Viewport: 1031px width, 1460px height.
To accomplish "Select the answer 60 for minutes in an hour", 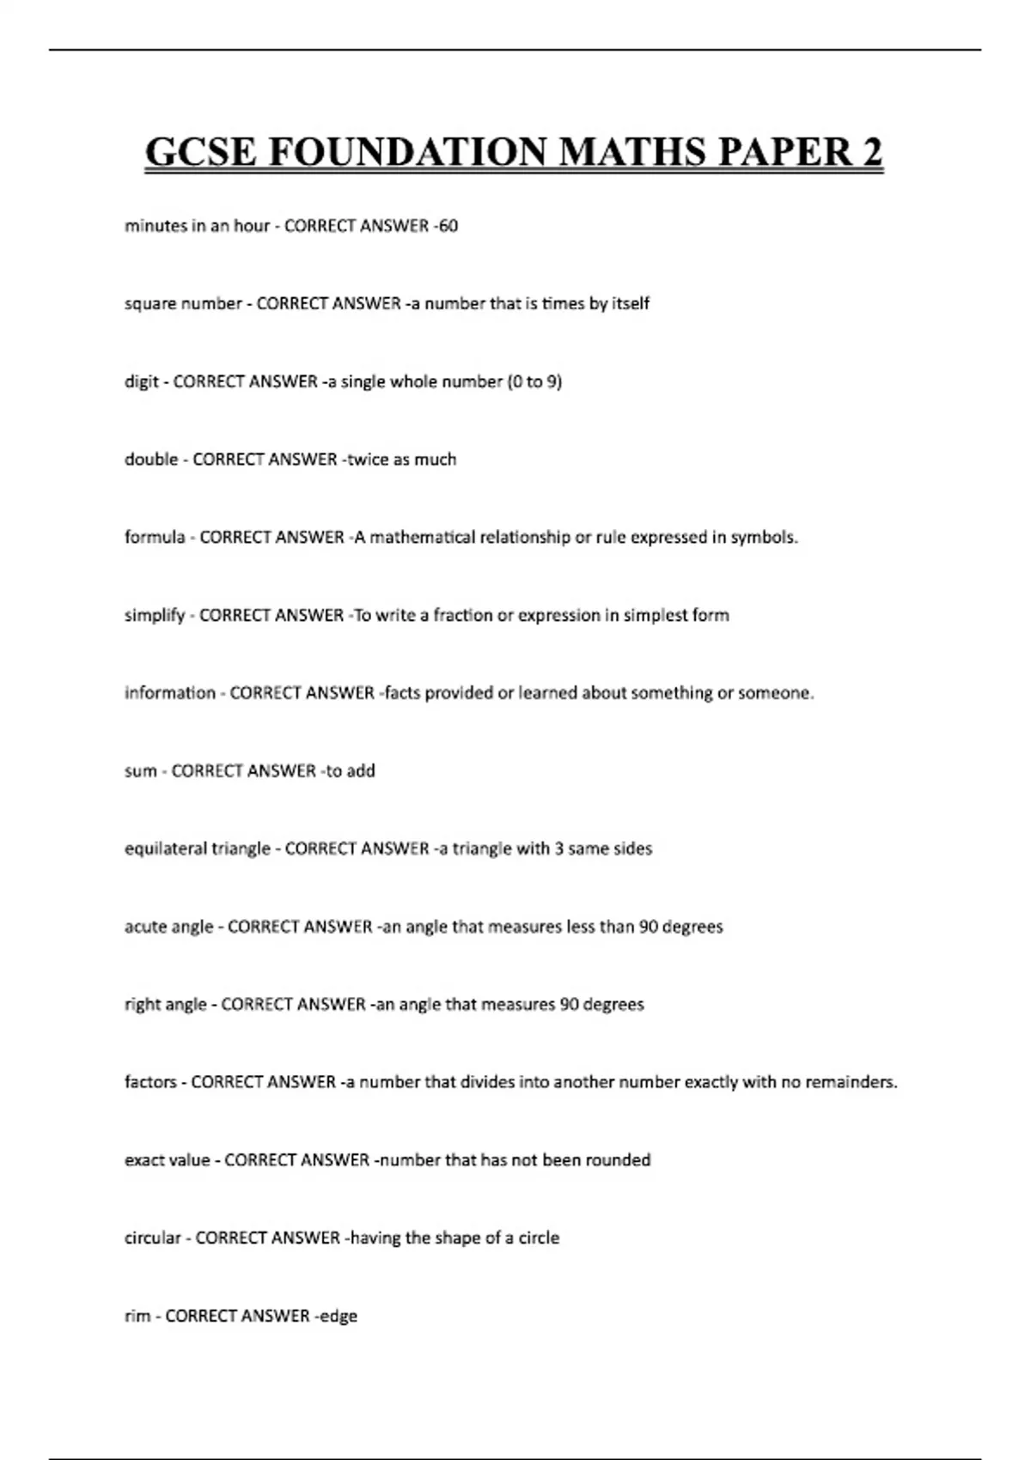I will [448, 226].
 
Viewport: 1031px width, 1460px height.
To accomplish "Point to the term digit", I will [141, 381].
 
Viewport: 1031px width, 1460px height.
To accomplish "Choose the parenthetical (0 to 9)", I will [534, 381].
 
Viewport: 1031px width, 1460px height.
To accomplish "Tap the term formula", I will [155, 538].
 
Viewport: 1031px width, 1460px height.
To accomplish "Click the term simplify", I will [155, 616].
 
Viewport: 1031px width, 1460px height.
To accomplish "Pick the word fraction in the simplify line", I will [469, 615].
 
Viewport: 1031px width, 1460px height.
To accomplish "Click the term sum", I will [140, 771].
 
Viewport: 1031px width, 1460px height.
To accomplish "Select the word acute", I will [145, 927].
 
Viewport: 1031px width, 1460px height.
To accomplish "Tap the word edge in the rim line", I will [338, 1317].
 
